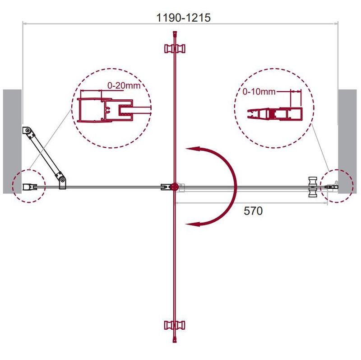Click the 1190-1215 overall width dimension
(x=183, y=18)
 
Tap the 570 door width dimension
(x=253, y=211)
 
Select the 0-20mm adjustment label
(x=124, y=85)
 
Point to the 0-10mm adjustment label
(x=259, y=92)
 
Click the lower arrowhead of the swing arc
(x=192, y=224)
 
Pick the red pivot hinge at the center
(x=174, y=187)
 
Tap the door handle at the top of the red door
(x=175, y=49)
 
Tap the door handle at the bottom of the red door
(x=175, y=325)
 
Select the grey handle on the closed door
(x=314, y=187)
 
